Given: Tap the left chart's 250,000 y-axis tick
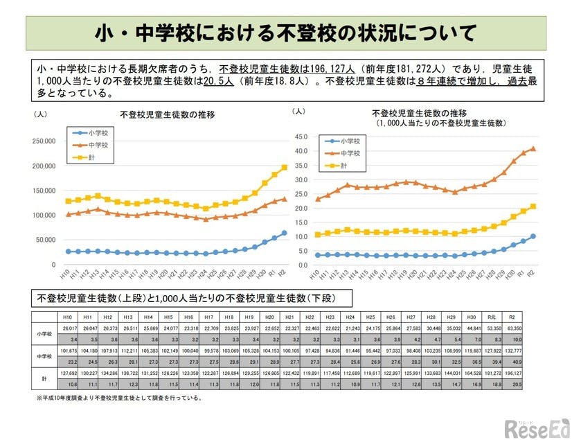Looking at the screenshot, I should (x=44, y=141).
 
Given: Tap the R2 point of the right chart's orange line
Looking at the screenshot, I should (x=533, y=148).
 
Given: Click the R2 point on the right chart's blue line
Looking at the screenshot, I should (x=533, y=236).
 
